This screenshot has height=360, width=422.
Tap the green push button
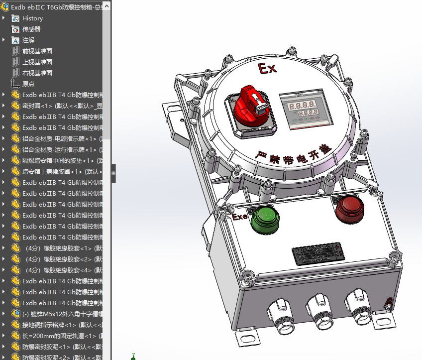pos(264,219)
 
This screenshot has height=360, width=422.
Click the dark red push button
pos(350,208)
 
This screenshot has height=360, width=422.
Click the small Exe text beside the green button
pos(239,217)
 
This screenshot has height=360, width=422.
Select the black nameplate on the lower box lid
pos(317,252)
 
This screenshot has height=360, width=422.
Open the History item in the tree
pos(32,18)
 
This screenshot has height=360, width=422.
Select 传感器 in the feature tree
pos(31,29)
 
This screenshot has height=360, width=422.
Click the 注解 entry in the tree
pos(28,40)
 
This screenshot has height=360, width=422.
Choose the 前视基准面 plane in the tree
pos(37,51)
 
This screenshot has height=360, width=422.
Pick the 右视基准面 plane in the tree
pos(37,73)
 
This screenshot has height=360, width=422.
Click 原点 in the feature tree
pos(28,84)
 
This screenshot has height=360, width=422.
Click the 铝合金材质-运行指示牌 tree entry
pos(60,149)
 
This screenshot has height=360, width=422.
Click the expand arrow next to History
pos(4,18)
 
